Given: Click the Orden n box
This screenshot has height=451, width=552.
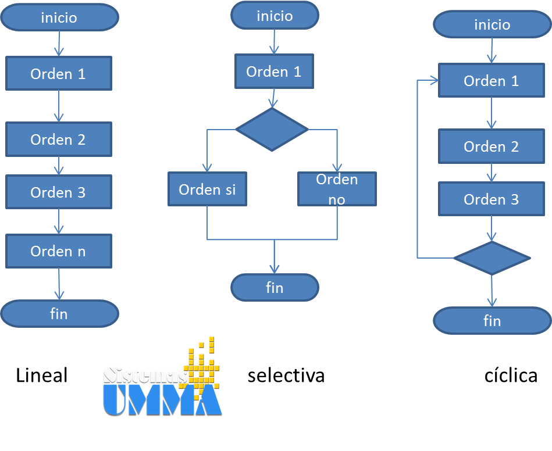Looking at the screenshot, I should point(58,251).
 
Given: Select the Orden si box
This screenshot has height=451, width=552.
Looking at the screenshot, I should point(207,189).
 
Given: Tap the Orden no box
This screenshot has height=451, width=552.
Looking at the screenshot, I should point(337,189).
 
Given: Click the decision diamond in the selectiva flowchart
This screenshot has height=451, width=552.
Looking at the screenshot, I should point(272,129).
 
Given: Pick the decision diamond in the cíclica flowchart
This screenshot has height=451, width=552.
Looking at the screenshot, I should point(492,257).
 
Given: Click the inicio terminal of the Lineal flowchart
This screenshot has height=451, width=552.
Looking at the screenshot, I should point(59,17).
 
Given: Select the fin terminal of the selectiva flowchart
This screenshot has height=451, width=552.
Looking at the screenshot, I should point(275,287).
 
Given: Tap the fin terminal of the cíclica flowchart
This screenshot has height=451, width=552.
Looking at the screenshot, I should point(492,321).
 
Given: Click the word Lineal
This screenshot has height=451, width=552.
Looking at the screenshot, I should point(42,375).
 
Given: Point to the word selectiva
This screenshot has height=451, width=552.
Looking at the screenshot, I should point(286,375).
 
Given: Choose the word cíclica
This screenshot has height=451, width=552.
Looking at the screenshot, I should point(511,375).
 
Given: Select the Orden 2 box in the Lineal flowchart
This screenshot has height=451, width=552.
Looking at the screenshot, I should point(58,139).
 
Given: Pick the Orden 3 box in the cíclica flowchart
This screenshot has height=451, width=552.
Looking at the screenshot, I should point(492,199).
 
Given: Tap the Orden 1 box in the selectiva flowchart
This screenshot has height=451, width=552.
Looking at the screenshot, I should point(274,72).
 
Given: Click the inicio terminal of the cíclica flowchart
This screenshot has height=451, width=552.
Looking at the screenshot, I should point(492,24).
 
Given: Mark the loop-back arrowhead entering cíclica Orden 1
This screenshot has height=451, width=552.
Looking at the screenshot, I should point(434,81).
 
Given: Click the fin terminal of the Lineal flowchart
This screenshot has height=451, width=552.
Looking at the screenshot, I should point(59,314).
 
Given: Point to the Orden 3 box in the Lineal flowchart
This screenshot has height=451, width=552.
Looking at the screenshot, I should point(58,192).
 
